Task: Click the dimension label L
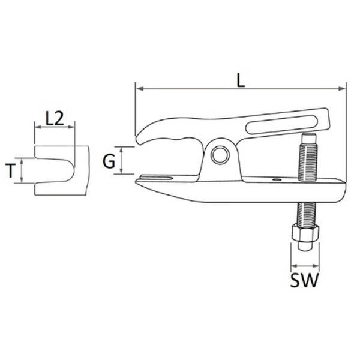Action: [241, 81]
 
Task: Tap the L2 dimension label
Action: [55, 118]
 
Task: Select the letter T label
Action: [10, 171]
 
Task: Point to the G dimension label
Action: [109, 161]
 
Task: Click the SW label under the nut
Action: [304, 280]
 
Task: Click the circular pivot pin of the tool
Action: [220, 155]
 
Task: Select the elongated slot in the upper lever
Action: [282, 124]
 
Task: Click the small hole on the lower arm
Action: [276, 179]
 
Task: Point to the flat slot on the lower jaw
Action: [157, 178]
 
